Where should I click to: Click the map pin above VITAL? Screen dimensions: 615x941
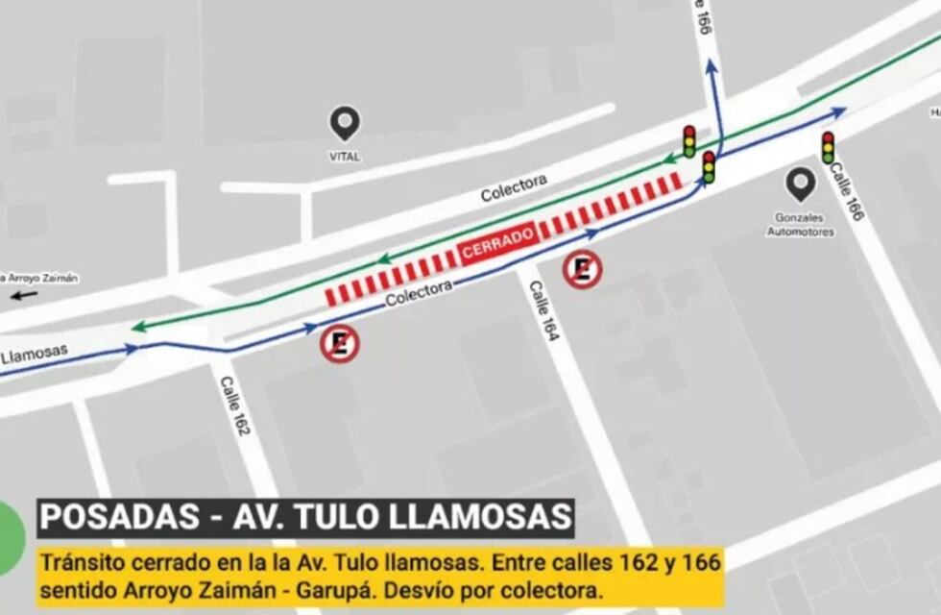(x=345, y=123)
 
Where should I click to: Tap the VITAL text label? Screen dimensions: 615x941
(x=345, y=156)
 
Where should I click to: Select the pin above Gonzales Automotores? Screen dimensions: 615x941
(x=800, y=184)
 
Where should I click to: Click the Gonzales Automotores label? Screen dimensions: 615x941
(x=801, y=224)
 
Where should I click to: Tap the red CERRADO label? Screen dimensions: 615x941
(x=497, y=241)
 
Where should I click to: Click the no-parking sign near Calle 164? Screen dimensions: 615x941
(x=582, y=269)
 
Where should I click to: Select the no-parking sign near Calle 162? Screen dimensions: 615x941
(x=340, y=343)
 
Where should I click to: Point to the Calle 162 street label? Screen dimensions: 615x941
(x=235, y=405)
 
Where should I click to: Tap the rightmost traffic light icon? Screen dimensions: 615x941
(x=828, y=147)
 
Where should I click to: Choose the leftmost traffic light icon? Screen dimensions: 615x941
(x=688, y=141)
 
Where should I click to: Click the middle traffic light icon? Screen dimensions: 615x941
(x=709, y=166)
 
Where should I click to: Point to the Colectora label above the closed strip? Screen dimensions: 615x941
(x=514, y=187)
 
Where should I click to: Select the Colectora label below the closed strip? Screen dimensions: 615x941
(x=419, y=293)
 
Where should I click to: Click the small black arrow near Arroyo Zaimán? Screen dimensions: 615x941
(x=25, y=295)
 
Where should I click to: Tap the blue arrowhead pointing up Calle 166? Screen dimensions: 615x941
(x=712, y=67)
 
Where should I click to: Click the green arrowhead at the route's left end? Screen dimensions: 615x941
(x=140, y=327)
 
